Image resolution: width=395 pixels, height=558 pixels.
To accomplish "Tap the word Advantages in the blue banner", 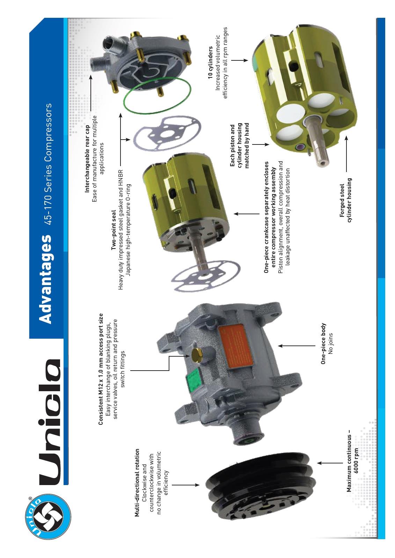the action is coord(45,279).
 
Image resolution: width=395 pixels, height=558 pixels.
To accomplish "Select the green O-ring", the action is coord(158,95).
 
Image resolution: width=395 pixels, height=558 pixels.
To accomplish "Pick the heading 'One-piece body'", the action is coord(323,344).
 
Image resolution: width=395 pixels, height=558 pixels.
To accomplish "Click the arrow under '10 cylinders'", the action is coord(239,60).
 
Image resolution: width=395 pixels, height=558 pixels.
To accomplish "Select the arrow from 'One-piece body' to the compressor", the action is coord(297,346).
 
